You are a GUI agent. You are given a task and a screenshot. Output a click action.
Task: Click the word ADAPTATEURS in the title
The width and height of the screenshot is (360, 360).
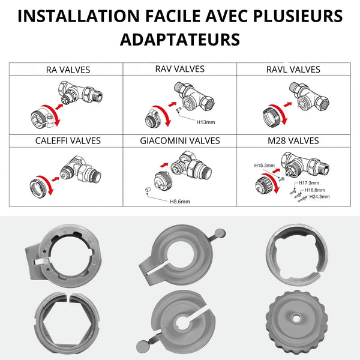[x=180, y=40]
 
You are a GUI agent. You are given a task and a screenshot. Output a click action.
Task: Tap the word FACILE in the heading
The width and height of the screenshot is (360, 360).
[x=173, y=16]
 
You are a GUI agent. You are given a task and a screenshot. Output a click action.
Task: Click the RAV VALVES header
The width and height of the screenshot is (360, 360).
[x=180, y=69]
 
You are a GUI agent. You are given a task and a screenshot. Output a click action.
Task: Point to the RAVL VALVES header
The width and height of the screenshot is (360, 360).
[x=293, y=70]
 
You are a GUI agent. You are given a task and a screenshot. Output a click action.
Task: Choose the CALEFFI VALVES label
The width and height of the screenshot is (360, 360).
[x=68, y=141]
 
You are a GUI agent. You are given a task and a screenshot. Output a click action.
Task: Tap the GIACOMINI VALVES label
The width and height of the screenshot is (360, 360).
[x=180, y=141]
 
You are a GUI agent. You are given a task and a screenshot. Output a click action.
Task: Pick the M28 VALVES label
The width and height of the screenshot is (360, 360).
[x=293, y=141]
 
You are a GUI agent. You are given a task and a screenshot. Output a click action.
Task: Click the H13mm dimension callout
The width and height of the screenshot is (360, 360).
[x=206, y=122]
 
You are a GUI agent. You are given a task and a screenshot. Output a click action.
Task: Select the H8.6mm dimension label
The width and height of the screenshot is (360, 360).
[x=180, y=202]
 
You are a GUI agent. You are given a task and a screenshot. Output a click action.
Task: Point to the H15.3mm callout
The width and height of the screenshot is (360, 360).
[x=264, y=166]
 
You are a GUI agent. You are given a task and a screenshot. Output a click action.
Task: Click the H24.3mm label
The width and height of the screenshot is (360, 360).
[x=319, y=197]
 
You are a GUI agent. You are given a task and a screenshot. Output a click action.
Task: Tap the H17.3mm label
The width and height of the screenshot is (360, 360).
[x=309, y=183]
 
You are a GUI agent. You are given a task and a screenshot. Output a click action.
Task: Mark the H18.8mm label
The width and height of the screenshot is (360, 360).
[x=314, y=190]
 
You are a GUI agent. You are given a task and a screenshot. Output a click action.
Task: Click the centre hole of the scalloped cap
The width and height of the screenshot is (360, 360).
[x=296, y=319]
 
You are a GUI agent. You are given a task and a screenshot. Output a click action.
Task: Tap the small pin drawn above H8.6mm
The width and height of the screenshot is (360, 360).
[x=148, y=190]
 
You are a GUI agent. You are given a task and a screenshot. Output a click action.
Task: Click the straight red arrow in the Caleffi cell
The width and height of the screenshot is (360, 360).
[x=55, y=179]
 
